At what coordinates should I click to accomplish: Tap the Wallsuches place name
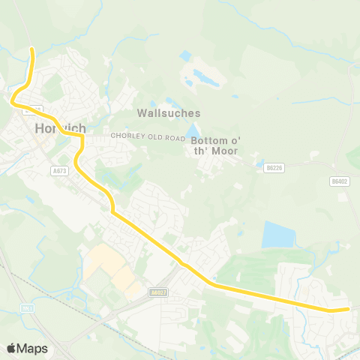pyautogui.click(x=169, y=113)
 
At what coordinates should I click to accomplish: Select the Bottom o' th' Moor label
pyautogui.click(x=214, y=145)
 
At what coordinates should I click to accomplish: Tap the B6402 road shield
pyautogui.click(x=340, y=181)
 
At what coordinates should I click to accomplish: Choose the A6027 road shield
pyautogui.click(x=157, y=293)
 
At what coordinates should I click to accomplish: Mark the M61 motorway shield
pyautogui.click(x=27, y=308)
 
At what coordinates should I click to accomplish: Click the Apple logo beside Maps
pyautogui.click(x=11, y=348)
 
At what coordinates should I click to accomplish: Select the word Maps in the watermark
pyautogui.click(x=32, y=348)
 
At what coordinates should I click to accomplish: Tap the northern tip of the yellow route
pyautogui.click(x=32, y=49)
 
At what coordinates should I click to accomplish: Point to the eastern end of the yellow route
pyautogui.click(x=348, y=308)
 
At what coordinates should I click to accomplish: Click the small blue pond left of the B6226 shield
pyautogui.click(x=259, y=163)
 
